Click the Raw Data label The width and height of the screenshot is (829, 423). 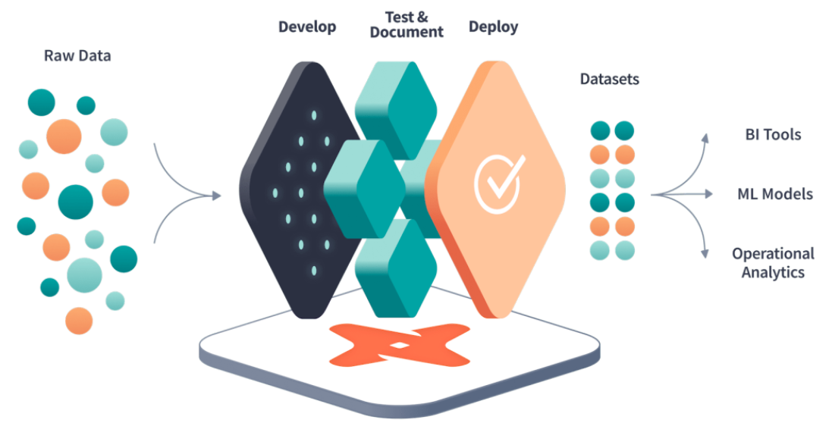point(77,56)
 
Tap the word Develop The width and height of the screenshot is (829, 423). point(307,27)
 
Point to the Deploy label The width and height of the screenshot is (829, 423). point(493,27)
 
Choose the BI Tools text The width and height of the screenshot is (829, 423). point(772,135)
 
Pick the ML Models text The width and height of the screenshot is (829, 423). point(774,194)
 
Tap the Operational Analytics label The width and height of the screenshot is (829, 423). point(773,263)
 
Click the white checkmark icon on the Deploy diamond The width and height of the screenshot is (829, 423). point(498,181)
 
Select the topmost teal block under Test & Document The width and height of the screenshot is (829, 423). point(394,102)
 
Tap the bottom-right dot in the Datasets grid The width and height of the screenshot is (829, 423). point(624,250)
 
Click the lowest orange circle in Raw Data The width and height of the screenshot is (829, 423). point(79,320)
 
